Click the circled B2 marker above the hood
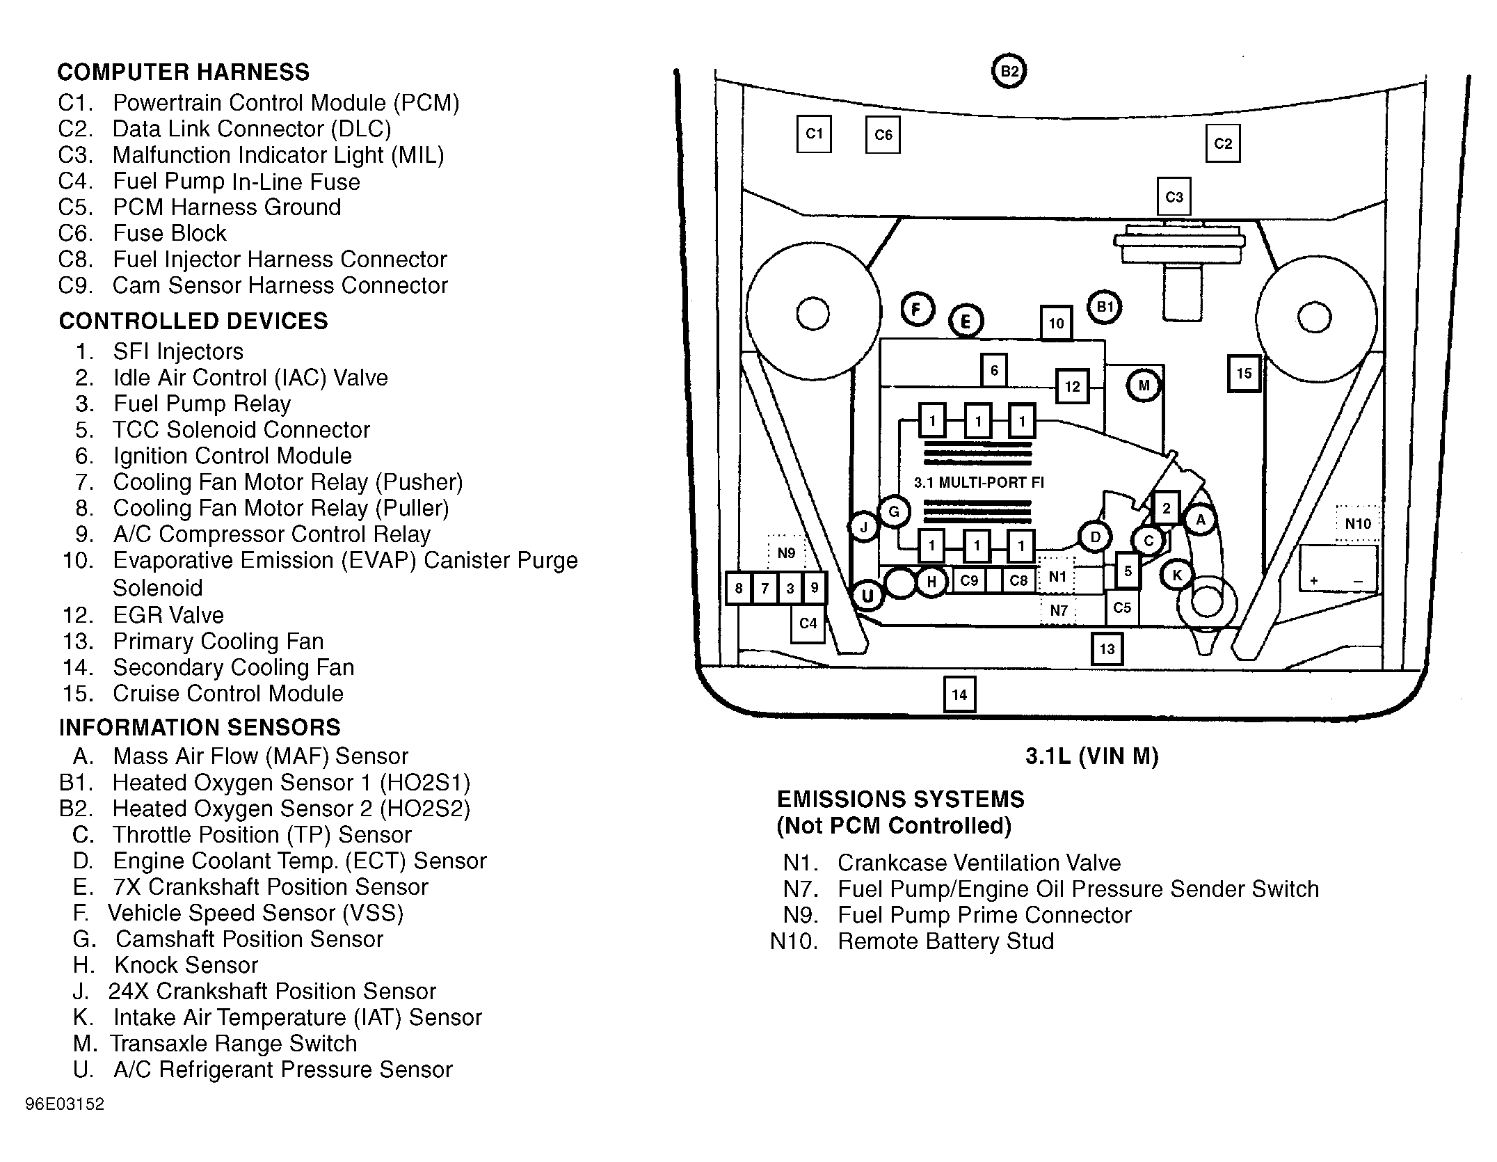(x=1009, y=70)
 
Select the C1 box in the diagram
(x=814, y=134)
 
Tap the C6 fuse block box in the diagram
(x=883, y=135)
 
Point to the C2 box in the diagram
(x=1223, y=144)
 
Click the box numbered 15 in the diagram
(x=1244, y=374)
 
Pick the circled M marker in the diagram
(x=1144, y=385)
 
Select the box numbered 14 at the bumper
(x=959, y=694)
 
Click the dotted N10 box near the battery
(x=1358, y=524)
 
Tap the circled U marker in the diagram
(x=867, y=596)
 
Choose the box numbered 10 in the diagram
(x=1056, y=323)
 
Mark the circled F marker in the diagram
(x=918, y=309)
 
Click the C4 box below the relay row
(x=808, y=623)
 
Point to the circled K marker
(x=1177, y=575)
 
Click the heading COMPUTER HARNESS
(x=183, y=72)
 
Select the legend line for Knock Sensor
(x=166, y=965)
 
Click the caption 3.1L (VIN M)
(x=1092, y=756)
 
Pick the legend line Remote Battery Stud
(x=912, y=941)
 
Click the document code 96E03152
(x=65, y=1104)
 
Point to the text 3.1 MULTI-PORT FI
(x=979, y=483)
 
